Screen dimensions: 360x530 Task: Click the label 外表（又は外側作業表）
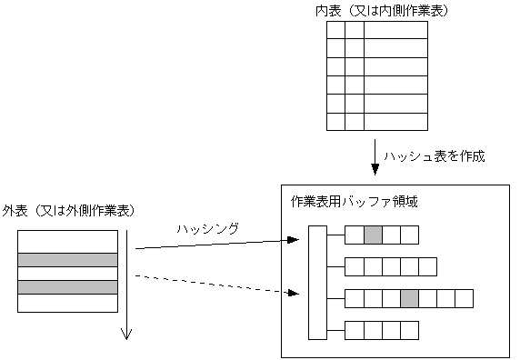(69, 211)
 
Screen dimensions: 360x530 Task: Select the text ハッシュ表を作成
(435, 155)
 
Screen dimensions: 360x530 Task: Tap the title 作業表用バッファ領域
(354, 200)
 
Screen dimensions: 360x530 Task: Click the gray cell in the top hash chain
(373, 235)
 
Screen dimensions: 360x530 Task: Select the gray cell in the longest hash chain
(409, 297)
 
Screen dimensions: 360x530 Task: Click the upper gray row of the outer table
(68, 260)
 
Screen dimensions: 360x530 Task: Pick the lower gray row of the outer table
(68, 287)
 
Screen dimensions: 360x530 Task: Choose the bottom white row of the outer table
(68, 304)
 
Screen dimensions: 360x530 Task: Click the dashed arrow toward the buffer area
(218, 284)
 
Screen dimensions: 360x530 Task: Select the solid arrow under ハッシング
(218, 245)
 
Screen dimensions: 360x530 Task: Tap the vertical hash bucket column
(317, 281)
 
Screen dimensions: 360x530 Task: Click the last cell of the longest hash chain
(464, 297)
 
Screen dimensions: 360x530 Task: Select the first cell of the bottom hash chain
(355, 328)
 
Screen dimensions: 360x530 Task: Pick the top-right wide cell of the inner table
(395, 30)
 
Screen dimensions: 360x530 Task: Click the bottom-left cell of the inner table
(335, 121)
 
